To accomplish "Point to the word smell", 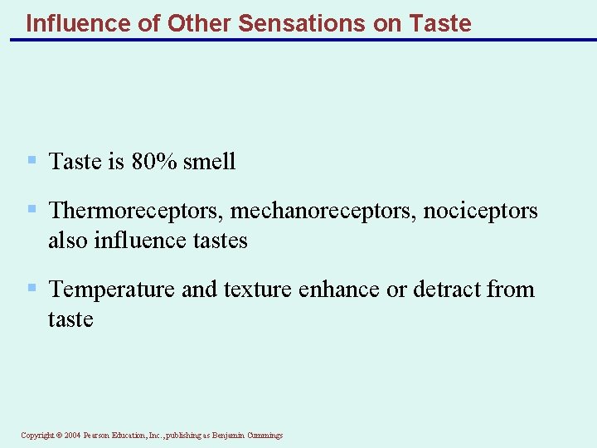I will click(x=210, y=161).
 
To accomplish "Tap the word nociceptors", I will click(x=480, y=211).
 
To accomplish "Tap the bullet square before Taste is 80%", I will click(x=32, y=160).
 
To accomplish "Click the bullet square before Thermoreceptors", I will click(x=32, y=210).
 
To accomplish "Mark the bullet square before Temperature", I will click(x=32, y=289).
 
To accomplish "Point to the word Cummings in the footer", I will click(x=264, y=435).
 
